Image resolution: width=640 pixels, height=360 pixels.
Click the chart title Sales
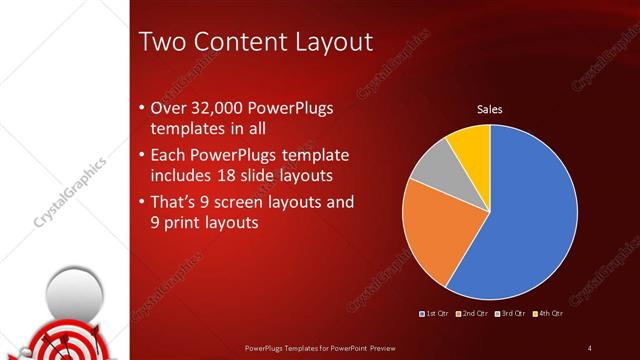point(489,109)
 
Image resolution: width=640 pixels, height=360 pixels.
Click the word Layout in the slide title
point(323,42)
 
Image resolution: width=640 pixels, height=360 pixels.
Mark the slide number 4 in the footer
point(589,348)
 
